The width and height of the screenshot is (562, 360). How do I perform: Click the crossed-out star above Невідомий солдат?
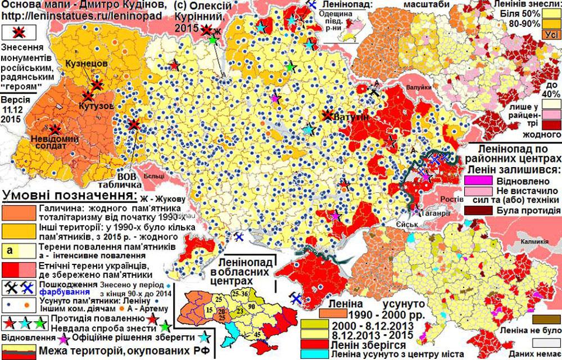pyautogui.click(x=56, y=129)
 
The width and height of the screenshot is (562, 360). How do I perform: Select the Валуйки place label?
pyautogui.click(x=419, y=89)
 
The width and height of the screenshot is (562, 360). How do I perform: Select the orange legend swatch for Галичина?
pyautogui.click(x=19, y=211)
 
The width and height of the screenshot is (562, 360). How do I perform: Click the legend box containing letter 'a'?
pyautogui.click(x=19, y=249)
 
